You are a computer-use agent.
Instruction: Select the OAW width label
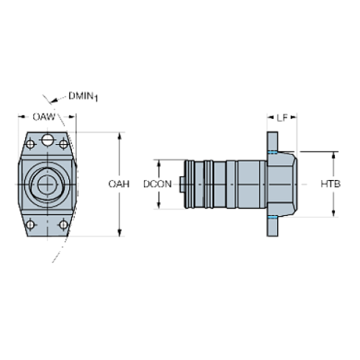(x=46, y=116)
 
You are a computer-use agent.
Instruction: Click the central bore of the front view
(x=46, y=183)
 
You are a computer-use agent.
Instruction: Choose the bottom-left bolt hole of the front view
(x=29, y=224)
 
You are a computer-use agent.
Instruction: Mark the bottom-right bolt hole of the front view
(x=63, y=224)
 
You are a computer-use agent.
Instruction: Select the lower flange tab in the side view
(x=273, y=228)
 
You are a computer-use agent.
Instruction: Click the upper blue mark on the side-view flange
(x=273, y=151)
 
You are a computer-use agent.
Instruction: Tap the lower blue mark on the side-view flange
(x=273, y=217)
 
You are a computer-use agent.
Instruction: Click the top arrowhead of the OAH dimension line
(x=120, y=136)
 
